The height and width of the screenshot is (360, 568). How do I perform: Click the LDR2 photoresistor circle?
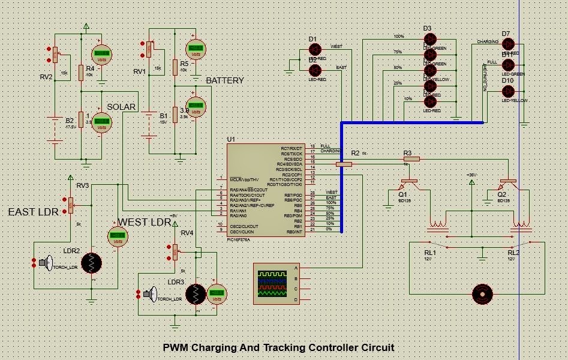pyautogui.click(x=91, y=262)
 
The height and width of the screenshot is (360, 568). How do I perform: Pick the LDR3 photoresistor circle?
pyautogui.click(x=196, y=293)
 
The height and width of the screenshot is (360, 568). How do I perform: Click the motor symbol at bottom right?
pyautogui.click(x=482, y=294)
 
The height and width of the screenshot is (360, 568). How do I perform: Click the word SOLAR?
pyautogui.click(x=121, y=107)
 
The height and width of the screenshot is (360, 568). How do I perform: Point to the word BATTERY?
pyautogui.click(x=225, y=80)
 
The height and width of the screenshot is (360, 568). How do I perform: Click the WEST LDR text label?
pyautogui.click(x=145, y=222)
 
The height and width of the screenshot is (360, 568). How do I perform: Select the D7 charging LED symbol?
pyautogui.click(x=508, y=43)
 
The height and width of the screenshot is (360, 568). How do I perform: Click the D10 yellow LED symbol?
pyautogui.click(x=508, y=91)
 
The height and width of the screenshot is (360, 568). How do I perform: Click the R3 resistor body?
pyautogui.click(x=411, y=159)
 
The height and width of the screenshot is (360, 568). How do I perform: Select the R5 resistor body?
pyautogui.click(x=175, y=67)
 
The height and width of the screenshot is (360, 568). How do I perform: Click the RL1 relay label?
pyautogui.click(x=430, y=253)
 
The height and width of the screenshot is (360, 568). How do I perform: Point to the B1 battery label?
pyautogui.click(x=163, y=115)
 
